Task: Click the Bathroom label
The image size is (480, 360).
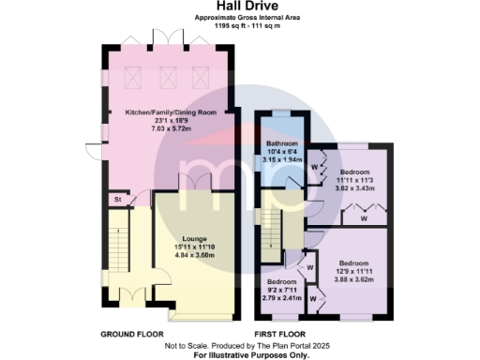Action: pos(280,143)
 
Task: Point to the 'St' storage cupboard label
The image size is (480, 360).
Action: pos(118,199)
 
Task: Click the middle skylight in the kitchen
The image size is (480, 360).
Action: pos(170,78)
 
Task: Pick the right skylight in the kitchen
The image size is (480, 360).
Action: pos(199,78)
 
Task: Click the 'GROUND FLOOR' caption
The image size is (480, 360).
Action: pos(131,334)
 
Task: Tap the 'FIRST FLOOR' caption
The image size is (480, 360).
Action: pos(282,334)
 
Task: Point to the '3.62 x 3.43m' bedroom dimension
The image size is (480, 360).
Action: pos(355,189)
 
